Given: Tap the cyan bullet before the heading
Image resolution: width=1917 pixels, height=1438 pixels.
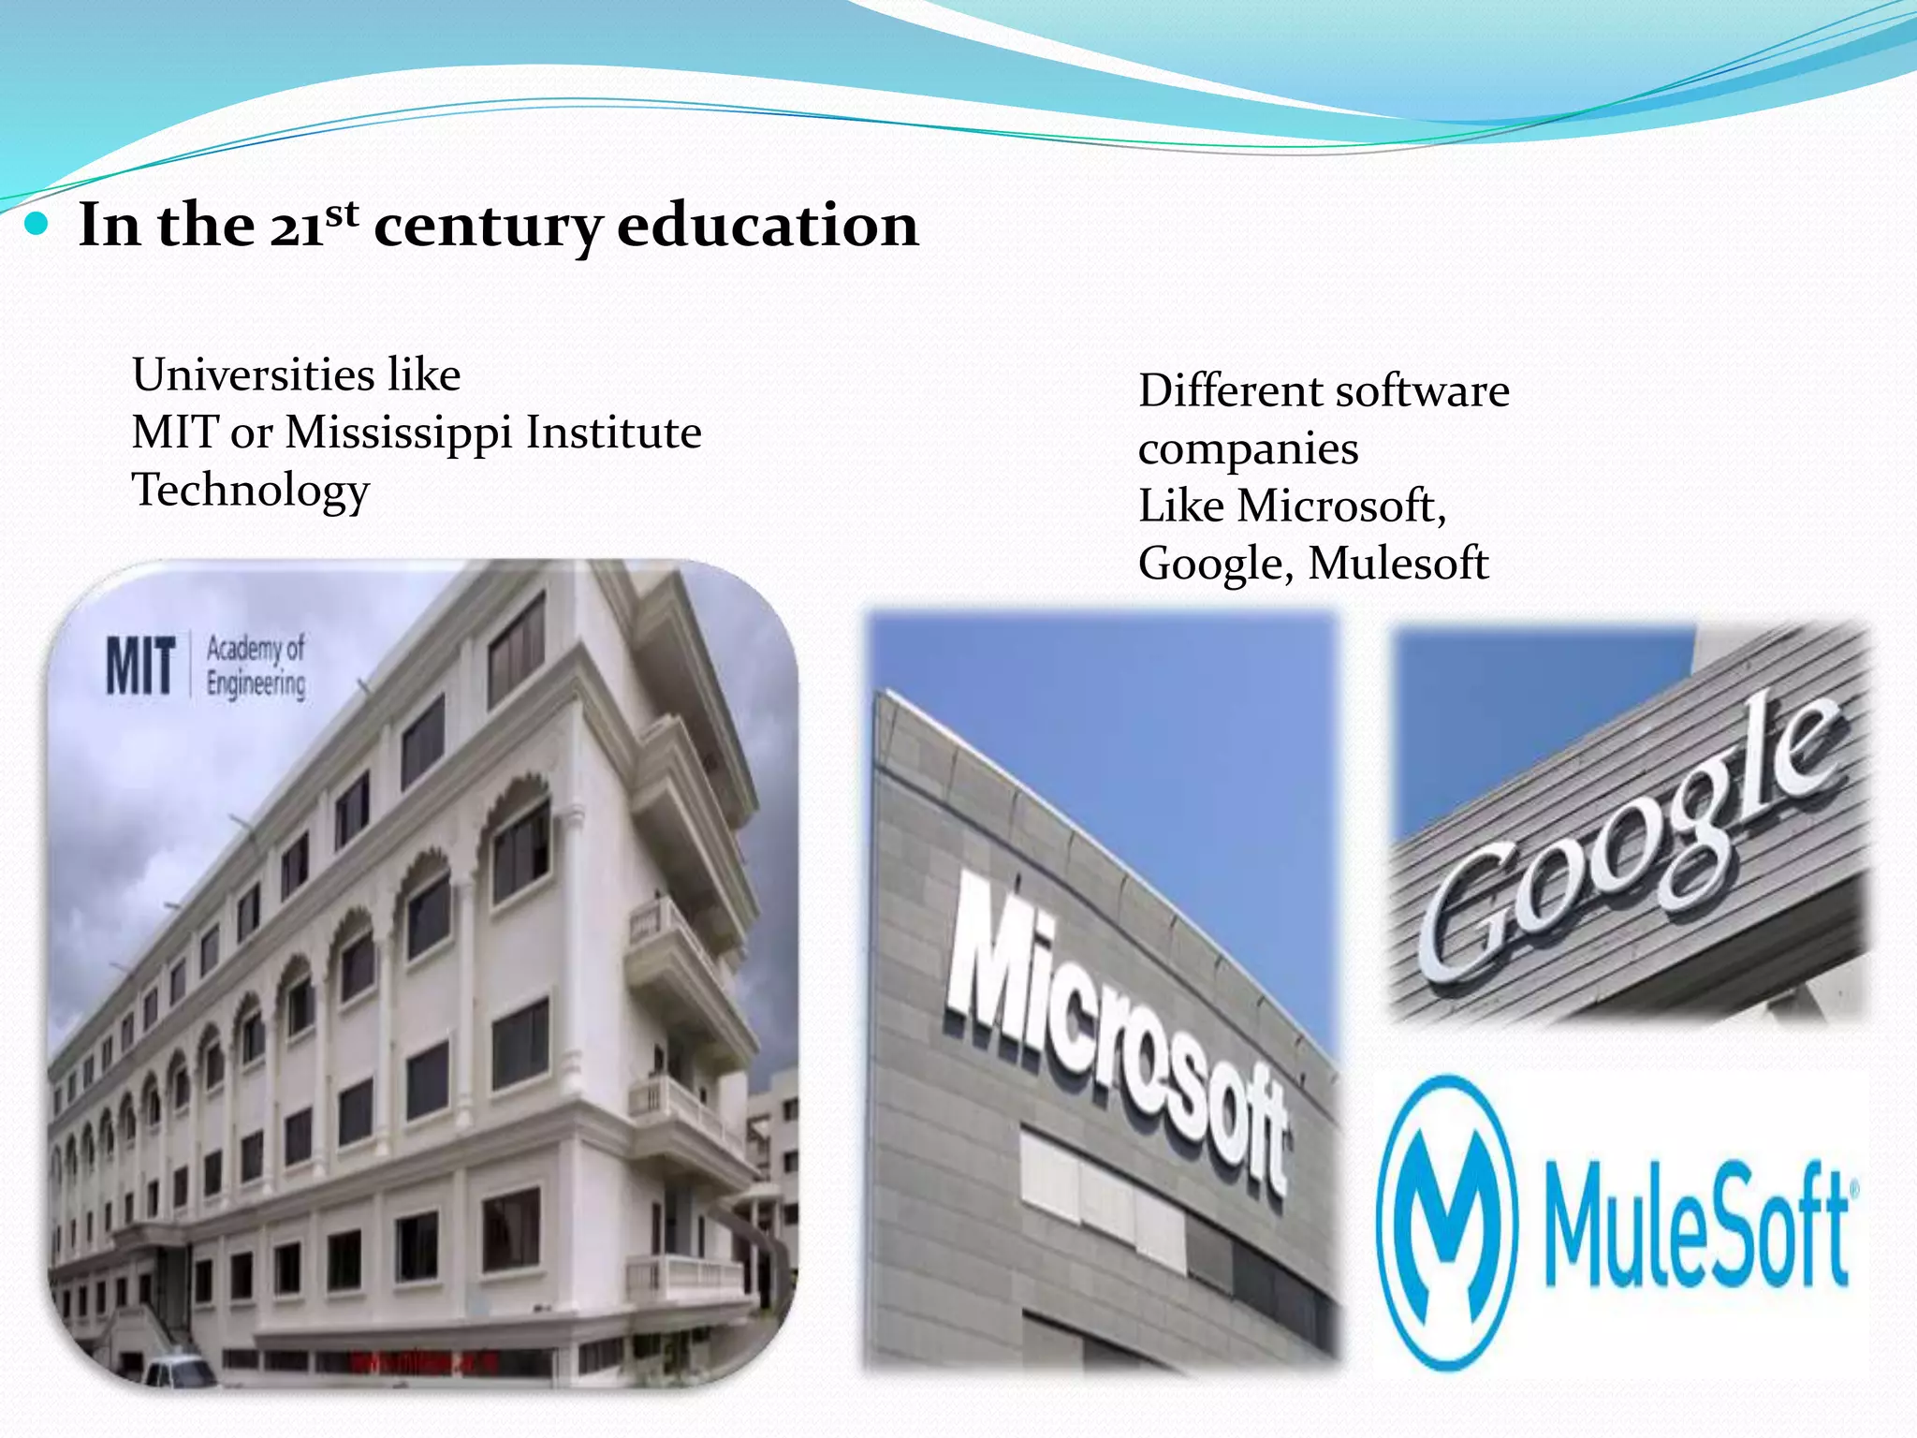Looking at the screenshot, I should click(37, 225).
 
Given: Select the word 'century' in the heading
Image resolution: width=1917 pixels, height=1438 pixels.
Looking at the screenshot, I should click(487, 227).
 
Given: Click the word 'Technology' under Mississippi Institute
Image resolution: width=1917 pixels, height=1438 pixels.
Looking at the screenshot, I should click(251, 491).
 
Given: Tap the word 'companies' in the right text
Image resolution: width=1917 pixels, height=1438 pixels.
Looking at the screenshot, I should click(1248, 450).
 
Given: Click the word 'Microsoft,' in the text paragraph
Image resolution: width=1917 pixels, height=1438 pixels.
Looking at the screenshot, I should click(1340, 506).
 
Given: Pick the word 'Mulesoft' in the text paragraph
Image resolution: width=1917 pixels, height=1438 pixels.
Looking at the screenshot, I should click(1398, 564).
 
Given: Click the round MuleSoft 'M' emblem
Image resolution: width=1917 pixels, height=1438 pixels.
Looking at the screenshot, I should click(1445, 1222).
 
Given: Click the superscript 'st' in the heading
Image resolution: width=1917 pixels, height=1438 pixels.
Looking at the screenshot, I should click(342, 213).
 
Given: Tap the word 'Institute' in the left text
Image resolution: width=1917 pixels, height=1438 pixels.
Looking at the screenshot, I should click(613, 433).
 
